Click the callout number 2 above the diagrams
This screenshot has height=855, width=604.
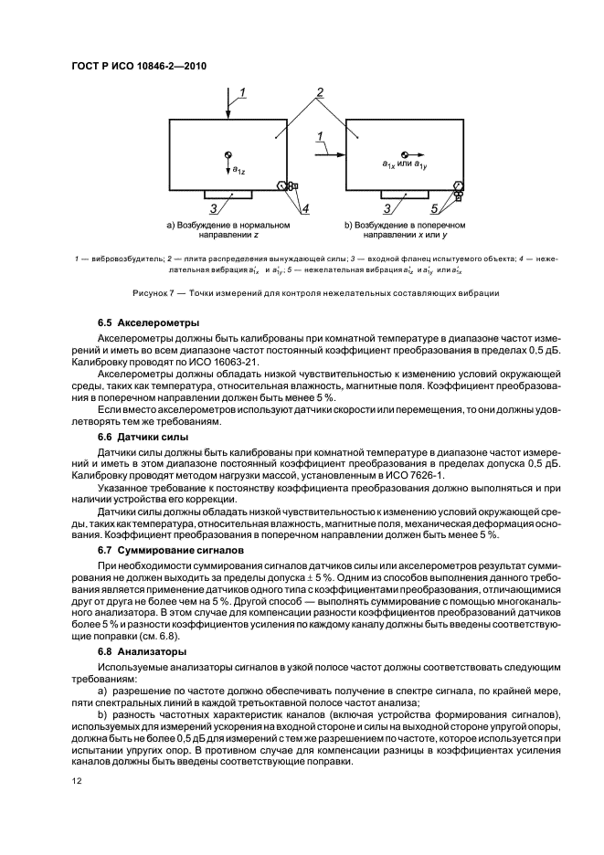320,92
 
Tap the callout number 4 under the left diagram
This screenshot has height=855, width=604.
305,209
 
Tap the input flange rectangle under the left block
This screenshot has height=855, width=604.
229,194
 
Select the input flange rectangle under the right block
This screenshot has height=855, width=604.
406,194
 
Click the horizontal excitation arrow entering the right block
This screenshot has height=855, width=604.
329,154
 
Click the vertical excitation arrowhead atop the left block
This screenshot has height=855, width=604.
228,113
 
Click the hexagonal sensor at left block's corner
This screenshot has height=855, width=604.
282,185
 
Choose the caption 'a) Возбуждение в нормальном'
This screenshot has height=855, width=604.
228,224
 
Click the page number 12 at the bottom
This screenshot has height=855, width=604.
77,781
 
